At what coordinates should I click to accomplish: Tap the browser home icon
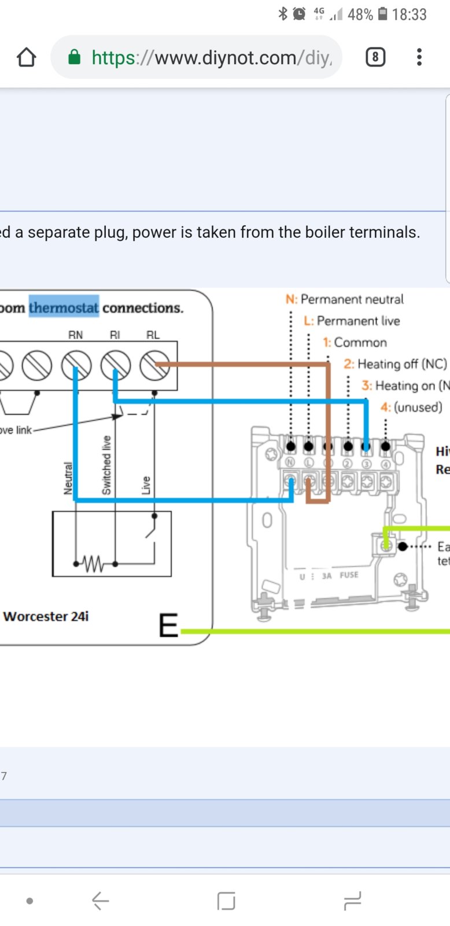coord(27,57)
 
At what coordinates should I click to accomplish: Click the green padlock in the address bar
coord(74,57)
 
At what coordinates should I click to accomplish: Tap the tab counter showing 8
coord(375,57)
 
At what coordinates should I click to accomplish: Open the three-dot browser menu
coord(419,57)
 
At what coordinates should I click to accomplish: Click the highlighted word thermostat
coord(64,307)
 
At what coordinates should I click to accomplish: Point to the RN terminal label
coord(75,335)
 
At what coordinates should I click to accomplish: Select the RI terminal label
coord(115,335)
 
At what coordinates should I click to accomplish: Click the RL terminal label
coord(153,335)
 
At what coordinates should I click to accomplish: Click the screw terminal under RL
coord(154,366)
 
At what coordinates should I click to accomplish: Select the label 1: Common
coord(355,342)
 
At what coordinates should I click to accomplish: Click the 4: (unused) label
coord(411,407)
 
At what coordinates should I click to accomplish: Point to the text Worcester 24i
coord(46,616)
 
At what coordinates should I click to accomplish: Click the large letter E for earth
coord(168,626)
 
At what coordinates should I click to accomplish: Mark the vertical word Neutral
coord(68,479)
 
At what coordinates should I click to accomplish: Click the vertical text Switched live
coord(106,466)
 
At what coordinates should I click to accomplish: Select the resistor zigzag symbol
coord(93,563)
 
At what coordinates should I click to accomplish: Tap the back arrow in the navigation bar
coord(100,901)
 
